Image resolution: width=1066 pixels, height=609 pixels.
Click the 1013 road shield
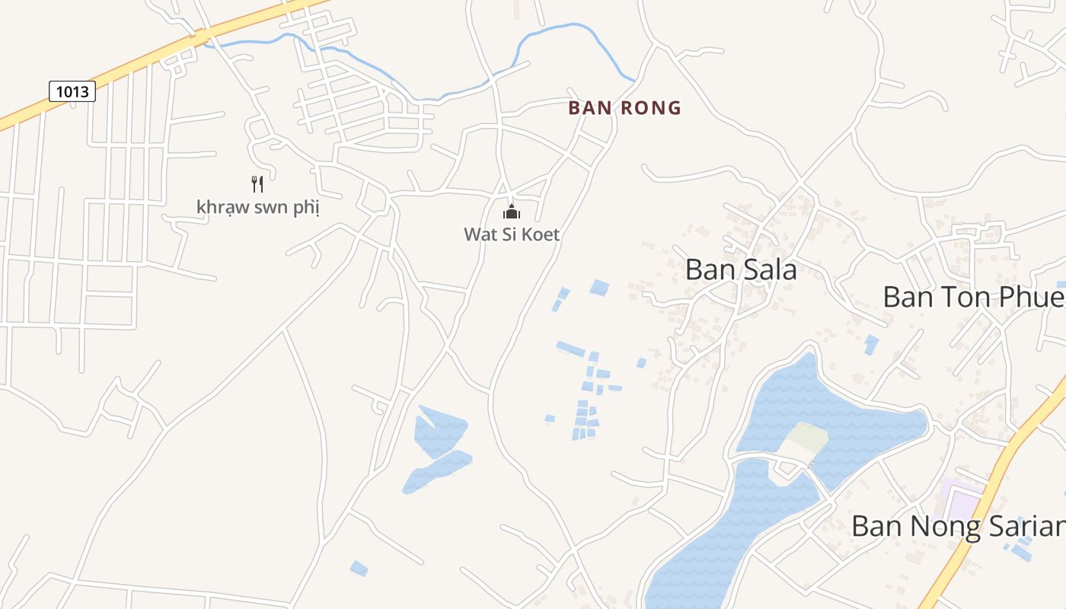pyautogui.click(x=72, y=92)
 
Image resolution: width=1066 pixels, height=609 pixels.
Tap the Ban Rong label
pyautogui.click(x=624, y=108)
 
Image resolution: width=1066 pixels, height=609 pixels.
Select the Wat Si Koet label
pyautogui.click(x=512, y=234)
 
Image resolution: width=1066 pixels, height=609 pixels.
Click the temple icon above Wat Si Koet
pyautogui.click(x=512, y=211)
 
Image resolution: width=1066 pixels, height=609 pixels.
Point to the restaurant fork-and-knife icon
pyautogui.click(x=257, y=183)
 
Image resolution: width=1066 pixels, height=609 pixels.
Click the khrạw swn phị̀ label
pyautogui.click(x=258, y=207)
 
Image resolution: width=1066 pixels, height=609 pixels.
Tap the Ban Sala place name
pyautogui.click(x=741, y=269)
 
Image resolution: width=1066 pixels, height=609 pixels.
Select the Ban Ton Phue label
pyautogui.click(x=973, y=297)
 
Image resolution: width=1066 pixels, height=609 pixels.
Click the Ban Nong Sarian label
pyautogui.click(x=958, y=526)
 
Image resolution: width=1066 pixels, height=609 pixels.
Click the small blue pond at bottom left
pyautogui.click(x=359, y=568)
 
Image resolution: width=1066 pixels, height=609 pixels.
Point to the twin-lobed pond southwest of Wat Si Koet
pyautogui.click(x=438, y=449)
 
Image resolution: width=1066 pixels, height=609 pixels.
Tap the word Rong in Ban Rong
pyautogui.click(x=651, y=108)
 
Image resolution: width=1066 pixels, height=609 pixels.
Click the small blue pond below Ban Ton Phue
pyautogui.click(x=871, y=344)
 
